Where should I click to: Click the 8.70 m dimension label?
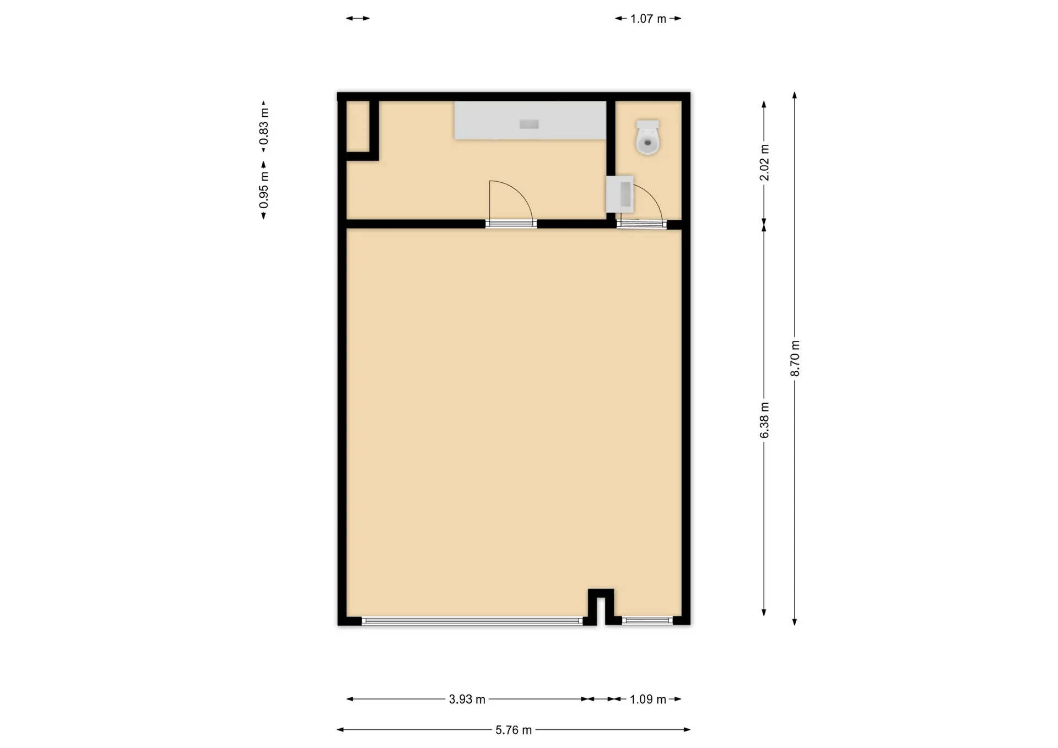click(x=795, y=359)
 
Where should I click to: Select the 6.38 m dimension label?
click(x=764, y=420)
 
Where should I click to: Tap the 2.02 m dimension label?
click(x=764, y=162)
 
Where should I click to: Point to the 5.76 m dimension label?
click(x=514, y=730)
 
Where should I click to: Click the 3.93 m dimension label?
click(x=467, y=699)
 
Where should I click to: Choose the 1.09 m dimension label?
click(x=648, y=699)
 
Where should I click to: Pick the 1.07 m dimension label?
click(x=649, y=19)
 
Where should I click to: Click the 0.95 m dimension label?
click(x=264, y=190)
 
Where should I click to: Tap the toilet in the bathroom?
click(x=648, y=137)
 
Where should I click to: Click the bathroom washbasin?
click(x=620, y=194)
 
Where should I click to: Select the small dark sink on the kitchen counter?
click(x=529, y=124)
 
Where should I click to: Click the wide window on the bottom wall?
click(x=472, y=621)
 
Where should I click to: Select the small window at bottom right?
click(x=647, y=621)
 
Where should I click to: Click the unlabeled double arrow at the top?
click(x=358, y=18)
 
